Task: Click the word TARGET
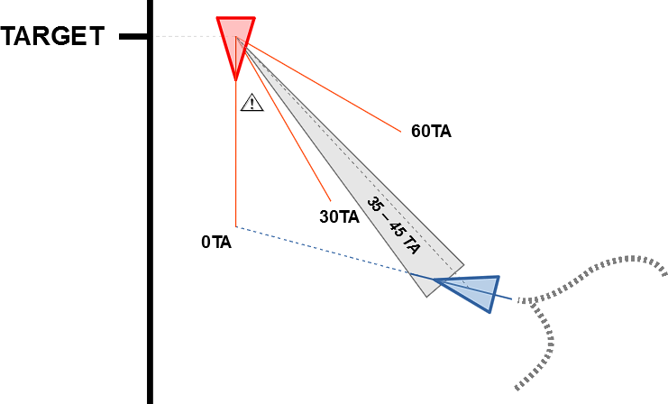pyautogui.click(x=53, y=37)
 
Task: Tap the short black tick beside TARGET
pyautogui.click(x=133, y=37)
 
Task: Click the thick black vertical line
pyautogui.click(x=150, y=225)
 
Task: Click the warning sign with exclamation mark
pyautogui.click(x=252, y=103)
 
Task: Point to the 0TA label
pyautogui.click(x=216, y=242)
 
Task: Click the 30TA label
pyautogui.click(x=339, y=216)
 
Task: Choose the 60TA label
pyautogui.click(x=431, y=131)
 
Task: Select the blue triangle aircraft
pyautogui.click(x=473, y=291)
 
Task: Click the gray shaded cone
pyautogui.click(x=361, y=180)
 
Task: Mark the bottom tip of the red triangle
pyautogui.click(x=236, y=78)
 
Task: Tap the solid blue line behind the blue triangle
pyautogui.click(x=505, y=298)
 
